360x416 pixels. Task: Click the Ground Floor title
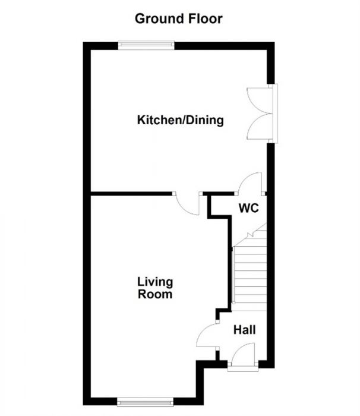tap(178, 18)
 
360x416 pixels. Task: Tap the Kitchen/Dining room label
tap(180, 121)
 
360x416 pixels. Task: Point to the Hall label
tap(245, 329)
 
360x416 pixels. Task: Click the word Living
tap(154, 282)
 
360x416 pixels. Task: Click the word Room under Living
tap(154, 294)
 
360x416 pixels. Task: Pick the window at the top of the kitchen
tap(146, 45)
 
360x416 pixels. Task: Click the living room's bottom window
tap(146, 402)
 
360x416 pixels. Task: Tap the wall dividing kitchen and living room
tap(131, 193)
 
